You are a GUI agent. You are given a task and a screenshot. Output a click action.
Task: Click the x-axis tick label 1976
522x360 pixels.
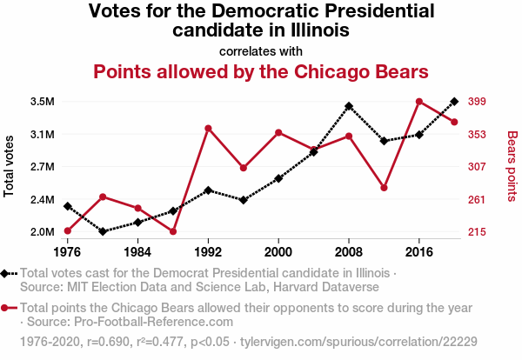click(x=67, y=252)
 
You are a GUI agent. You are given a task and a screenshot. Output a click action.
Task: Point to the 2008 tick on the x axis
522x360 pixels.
click(x=349, y=252)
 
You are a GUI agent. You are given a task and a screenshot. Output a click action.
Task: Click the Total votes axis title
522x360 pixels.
click(x=10, y=165)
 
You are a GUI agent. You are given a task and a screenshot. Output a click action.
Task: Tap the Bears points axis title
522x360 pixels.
click(x=512, y=165)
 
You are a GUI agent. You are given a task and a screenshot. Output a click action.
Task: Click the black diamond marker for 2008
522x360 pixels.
click(x=349, y=106)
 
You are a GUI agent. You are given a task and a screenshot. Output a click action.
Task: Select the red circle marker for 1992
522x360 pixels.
click(x=208, y=129)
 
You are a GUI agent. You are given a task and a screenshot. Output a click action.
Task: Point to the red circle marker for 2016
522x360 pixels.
click(x=419, y=102)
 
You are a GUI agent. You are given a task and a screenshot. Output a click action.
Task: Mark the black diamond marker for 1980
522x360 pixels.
click(x=103, y=231)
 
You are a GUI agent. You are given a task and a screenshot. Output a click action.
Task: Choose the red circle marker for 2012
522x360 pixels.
click(x=385, y=188)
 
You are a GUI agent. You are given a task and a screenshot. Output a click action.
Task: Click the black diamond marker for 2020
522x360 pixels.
click(x=454, y=102)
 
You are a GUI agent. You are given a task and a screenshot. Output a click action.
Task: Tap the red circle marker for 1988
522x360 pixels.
click(x=173, y=231)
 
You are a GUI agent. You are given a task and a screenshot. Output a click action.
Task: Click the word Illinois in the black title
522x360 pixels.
click(x=319, y=30)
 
